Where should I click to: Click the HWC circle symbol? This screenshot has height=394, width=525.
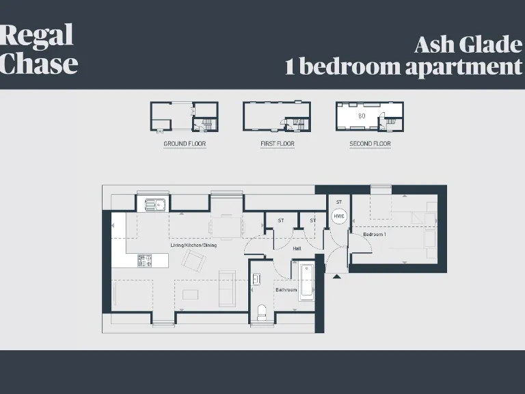338,216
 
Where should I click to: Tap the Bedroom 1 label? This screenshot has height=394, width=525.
375,235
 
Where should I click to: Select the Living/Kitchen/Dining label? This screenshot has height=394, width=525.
193,245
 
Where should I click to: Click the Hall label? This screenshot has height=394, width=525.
297,249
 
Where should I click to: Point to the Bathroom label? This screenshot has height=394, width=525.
286,290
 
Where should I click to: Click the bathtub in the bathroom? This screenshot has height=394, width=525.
306,280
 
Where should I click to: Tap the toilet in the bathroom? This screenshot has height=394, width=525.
260,312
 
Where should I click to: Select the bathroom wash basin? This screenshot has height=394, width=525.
256,279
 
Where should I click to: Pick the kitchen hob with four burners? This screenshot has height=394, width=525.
145,260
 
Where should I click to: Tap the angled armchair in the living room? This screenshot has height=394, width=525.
193,261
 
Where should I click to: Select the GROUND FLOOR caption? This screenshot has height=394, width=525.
185,144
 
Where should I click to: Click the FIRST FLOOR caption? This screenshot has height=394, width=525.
277,144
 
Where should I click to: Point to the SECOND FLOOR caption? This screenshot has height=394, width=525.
370,144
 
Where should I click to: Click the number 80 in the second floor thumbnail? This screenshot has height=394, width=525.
362,116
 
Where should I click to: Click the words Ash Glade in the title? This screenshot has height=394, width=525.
468,45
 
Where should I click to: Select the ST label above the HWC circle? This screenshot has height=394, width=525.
338,202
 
